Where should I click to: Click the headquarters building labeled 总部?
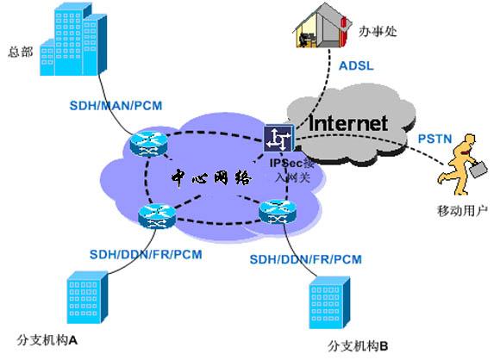[73, 40]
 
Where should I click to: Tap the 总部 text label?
[21, 52]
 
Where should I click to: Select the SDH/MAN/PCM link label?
[116, 105]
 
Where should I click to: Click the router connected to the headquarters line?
[148, 145]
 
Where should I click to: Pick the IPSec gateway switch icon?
[278, 139]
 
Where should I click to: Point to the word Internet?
[348, 123]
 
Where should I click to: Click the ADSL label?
[356, 65]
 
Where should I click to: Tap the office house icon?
[322, 26]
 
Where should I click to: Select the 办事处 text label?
[378, 31]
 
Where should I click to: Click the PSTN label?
[435, 139]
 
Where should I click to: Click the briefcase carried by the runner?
[478, 169]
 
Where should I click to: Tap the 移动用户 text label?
[462, 211]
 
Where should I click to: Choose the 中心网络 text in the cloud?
[211, 177]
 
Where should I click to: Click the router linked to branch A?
[157, 216]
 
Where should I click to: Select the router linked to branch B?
[278, 212]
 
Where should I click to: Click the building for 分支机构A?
[87, 297]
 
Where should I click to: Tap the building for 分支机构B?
[329, 302]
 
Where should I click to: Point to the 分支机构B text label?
[358, 346]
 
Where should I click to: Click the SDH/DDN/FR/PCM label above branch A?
[146, 255]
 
